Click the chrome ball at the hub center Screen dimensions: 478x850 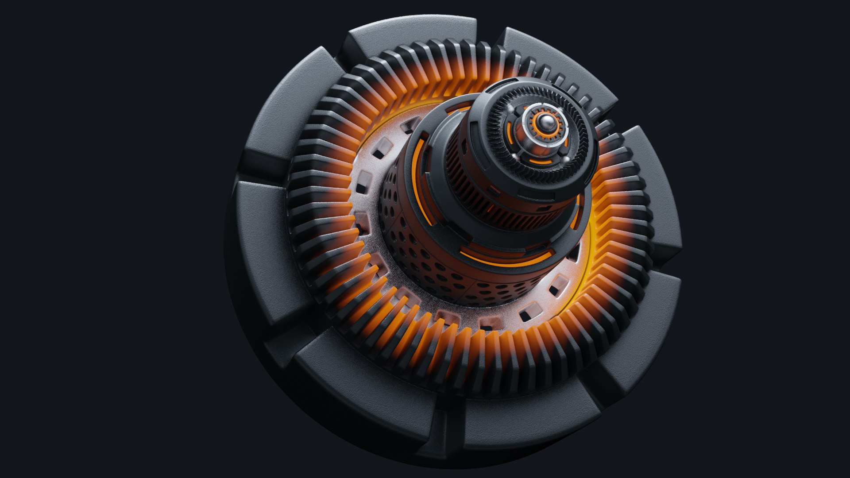544,123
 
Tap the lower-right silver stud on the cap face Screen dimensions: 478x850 566,158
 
